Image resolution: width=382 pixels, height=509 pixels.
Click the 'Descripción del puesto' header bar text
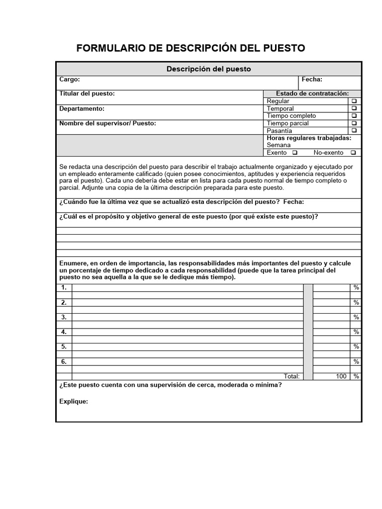(208, 69)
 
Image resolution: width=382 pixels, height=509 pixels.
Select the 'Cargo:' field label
(70, 80)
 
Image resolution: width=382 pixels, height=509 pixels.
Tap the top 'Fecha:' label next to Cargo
(312, 80)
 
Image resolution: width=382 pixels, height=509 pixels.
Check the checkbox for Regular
(354, 101)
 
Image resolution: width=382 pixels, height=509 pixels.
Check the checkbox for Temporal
(354, 108)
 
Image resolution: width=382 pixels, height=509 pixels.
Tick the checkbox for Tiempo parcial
(354, 123)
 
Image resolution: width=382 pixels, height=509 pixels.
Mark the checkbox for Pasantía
(354, 131)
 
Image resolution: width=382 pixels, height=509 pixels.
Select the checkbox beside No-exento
(353, 153)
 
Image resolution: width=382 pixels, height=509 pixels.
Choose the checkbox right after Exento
(295, 153)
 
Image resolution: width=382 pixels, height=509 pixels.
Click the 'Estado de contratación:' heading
(312, 93)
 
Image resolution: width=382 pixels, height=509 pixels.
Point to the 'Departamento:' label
(82, 108)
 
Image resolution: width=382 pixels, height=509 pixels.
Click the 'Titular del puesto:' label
(87, 93)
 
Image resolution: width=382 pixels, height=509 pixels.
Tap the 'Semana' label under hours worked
(279, 145)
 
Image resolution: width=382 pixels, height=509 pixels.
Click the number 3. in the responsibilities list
(64, 317)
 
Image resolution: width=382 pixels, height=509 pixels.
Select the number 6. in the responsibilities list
(64, 361)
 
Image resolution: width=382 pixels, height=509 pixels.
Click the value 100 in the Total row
(341, 376)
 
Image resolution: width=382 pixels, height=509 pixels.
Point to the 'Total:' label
(291, 376)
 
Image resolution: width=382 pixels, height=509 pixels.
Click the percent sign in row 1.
(356, 288)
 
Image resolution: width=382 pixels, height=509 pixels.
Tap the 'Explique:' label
(74, 401)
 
